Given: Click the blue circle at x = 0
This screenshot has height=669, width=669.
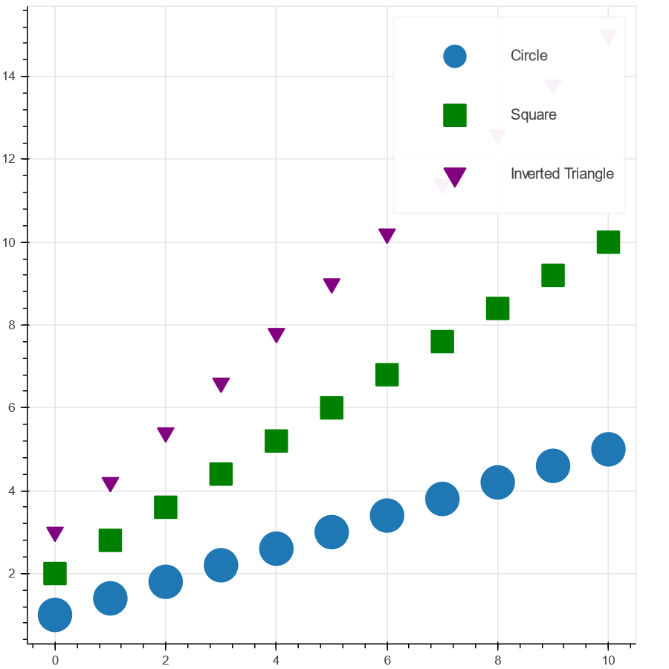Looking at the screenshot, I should [54, 615].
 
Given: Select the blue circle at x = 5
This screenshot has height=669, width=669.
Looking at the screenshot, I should [332, 531].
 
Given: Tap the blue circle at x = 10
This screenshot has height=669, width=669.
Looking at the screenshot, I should [608, 449].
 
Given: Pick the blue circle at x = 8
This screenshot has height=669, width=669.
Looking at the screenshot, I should [497, 482].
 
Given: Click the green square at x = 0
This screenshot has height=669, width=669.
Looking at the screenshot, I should [54, 573].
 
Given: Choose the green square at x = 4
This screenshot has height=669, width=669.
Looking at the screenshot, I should [276, 441].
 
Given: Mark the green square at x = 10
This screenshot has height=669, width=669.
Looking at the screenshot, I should [608, 242].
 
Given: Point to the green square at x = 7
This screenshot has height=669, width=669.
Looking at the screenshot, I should [442, 341].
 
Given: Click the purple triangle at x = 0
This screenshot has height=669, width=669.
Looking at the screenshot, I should [54, 533].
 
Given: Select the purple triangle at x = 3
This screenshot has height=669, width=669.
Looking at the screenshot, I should [221, 384].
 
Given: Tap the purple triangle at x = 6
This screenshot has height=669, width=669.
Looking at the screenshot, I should [387, 235].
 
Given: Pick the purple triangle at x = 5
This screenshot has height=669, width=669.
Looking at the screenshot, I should [332, 285].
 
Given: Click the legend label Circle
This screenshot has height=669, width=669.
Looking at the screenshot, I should [529, 56].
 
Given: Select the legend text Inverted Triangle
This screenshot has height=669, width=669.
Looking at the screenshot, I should [562, 174].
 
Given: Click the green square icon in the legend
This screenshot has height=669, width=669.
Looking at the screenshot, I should [454, 115].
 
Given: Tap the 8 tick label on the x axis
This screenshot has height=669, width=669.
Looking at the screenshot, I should [497, 659].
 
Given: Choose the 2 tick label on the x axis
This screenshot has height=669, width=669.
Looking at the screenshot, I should [165, 659].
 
